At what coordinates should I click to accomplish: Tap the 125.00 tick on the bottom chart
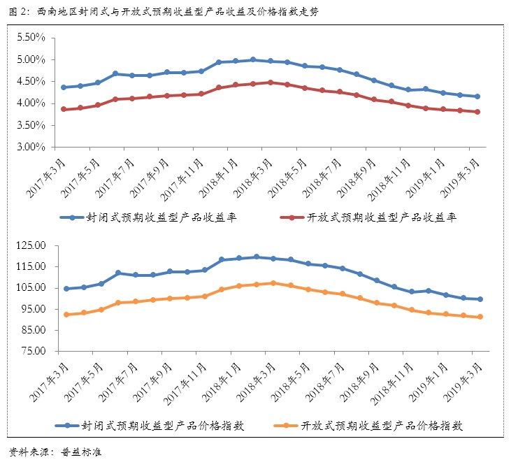pos(29,245)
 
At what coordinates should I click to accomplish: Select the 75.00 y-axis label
pos(31,351)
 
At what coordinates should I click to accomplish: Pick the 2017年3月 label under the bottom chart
pos(50,382)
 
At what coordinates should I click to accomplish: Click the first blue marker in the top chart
pos(64,87)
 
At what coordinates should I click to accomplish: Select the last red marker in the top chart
pos(477,112)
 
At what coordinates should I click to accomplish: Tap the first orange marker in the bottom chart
pos(66,315)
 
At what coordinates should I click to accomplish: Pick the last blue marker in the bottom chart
pos(480,299)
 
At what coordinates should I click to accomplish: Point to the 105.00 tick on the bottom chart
pos(29,288)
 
